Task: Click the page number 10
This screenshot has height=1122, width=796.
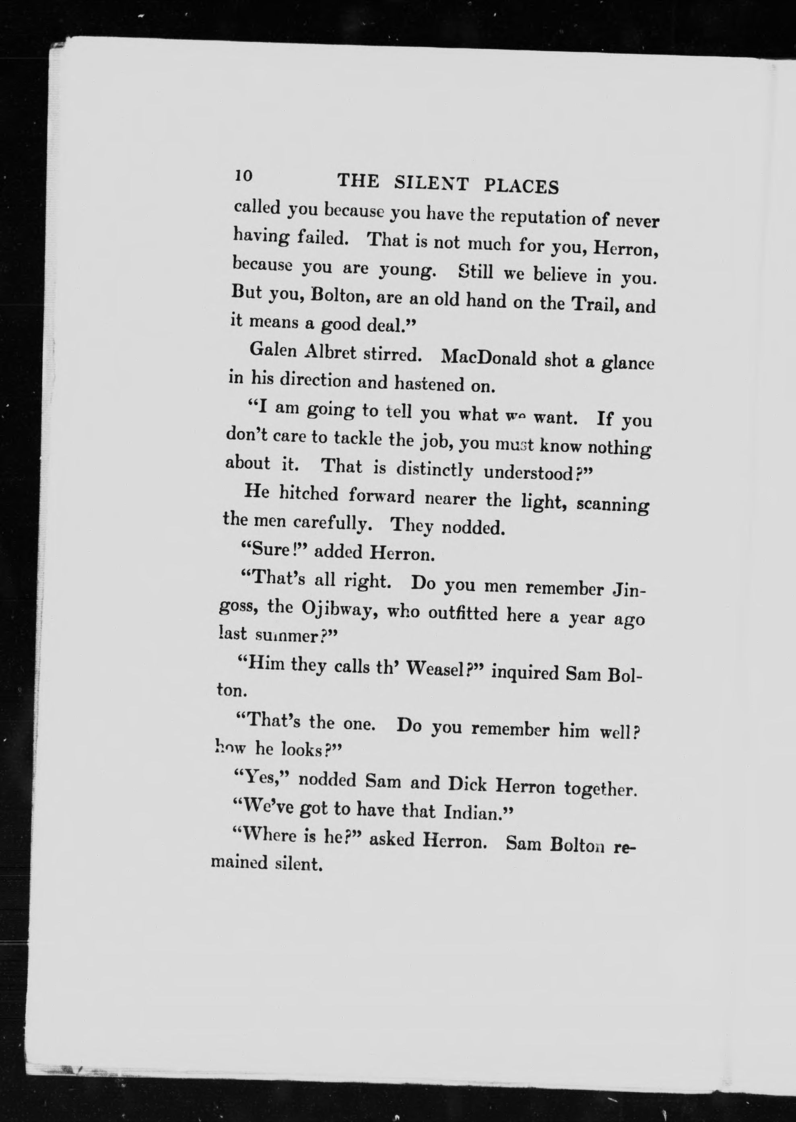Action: coord(243,175)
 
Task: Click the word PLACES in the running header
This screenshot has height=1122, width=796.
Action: coord(521,186)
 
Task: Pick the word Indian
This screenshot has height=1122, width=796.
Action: coord(474,813)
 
